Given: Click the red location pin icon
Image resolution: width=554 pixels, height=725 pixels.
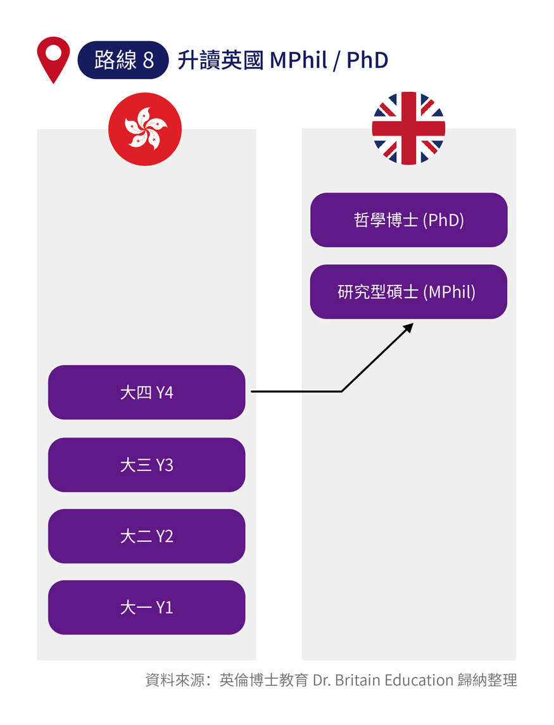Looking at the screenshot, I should coord(54,57).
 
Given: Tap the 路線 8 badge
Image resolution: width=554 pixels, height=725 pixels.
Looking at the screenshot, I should coord(123,60).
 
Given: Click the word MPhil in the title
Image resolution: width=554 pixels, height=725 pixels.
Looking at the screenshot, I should coord(298,60).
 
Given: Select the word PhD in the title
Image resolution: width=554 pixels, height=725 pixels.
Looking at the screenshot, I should coord(367,60).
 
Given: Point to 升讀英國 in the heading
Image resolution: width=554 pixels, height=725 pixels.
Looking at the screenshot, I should coord(220,60).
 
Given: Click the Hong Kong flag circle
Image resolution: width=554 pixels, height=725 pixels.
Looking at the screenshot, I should coord(145,129).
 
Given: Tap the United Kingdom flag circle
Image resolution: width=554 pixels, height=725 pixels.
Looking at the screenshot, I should coord(408,129).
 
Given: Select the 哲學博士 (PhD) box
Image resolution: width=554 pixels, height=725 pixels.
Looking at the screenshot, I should coord(408,220).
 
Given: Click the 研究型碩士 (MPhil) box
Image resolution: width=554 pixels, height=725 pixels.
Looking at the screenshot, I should coord(408,292).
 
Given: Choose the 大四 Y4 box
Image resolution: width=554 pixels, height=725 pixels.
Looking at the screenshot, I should coord(146,393).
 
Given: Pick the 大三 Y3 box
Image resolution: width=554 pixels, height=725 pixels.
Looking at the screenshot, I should coord(146,465).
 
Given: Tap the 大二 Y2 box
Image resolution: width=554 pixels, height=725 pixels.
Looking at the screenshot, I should coord(146,536).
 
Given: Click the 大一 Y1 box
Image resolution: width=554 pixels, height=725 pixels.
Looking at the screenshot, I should coord(146,607).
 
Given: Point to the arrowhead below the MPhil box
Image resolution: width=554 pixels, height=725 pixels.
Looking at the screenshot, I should coord(408,327).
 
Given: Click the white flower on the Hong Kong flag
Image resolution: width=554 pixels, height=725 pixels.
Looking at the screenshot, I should coord(145,129).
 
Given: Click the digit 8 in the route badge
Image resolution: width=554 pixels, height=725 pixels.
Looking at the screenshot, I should coord(148,60).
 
